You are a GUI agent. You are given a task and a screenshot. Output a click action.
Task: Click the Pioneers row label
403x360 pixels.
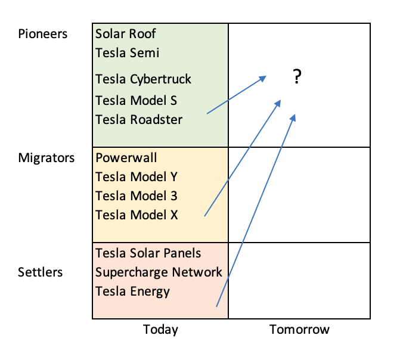pos(42,34)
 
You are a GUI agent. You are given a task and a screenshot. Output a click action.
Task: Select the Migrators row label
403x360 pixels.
pos(46,158)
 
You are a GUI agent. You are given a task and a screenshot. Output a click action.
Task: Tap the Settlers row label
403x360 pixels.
pos(40,272)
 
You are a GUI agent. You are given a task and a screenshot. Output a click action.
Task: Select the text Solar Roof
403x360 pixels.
pos(126,34)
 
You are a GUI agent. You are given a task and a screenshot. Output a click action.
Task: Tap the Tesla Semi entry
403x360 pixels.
pos(128,52)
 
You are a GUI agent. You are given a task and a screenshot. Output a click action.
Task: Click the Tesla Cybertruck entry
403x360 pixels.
pos(143,79)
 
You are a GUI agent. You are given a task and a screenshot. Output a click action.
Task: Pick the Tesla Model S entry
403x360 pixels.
pos(136,100)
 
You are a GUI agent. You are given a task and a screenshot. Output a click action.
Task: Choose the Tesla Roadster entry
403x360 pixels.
pos(139,119)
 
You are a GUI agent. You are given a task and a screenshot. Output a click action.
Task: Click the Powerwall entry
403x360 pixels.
pos(126,158)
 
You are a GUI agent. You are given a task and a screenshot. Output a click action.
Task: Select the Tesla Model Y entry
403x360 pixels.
pos(137,177)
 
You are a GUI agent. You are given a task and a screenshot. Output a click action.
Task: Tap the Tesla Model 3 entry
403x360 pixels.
pos(137,195)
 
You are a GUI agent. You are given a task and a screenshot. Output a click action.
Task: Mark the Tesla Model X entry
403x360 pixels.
pos(137,215)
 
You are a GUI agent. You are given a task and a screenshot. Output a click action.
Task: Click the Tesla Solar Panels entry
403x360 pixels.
pos(148,253)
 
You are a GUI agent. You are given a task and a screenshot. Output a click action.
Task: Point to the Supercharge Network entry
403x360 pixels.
pos(159,272)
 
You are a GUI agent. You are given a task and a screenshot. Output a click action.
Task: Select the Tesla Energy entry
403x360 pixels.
pos(132,291)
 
